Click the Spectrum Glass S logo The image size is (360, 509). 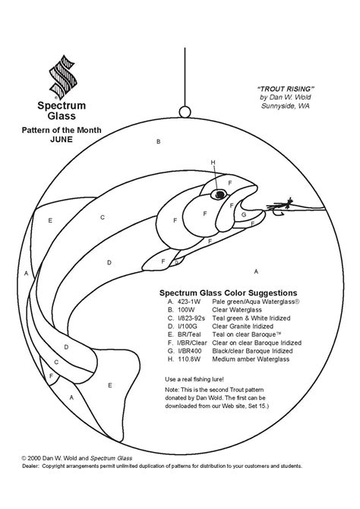pyautogui.click(x=63, y=77)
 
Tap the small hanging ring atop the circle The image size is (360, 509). pyautogui.click(x=185, y=112)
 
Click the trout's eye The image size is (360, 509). pyautogui.click(x=219, y=194)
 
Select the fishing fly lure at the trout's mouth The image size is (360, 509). pyautogui.click(x=279, y=207)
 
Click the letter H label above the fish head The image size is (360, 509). pyautogui.click(x=213, y=163)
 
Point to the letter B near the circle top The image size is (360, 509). pyautogui.click(x=159, y=141)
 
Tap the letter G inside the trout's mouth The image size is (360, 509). pyautogui.click(x=244, y=214)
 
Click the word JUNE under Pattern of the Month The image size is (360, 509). pyautogui.click(x=62, y=139)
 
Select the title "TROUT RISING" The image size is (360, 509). pyautogui.click(x=286, y=89)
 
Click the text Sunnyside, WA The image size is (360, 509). pyautogui.click(x=286, y=106)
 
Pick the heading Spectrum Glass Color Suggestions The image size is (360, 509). pyautogui.click(x=228, y=292)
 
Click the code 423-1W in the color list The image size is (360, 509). pyautogui.click(x=189, y=302)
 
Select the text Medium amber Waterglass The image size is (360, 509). pyautogui.click(x=251, y=359)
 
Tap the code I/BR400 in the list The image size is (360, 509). pyautogui.click(x=189, y=351)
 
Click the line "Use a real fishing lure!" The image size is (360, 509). pyautogui.click(x=194, y=379)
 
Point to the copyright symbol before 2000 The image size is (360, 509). pyautogui.click(x=24, y=458)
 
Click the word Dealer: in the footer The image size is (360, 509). pyautogui.click(x=30, y=466)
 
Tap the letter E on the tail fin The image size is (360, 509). pyautogui.click(x=109, y=385)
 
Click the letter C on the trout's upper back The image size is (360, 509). pyautogui.click(x=103, y=217)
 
